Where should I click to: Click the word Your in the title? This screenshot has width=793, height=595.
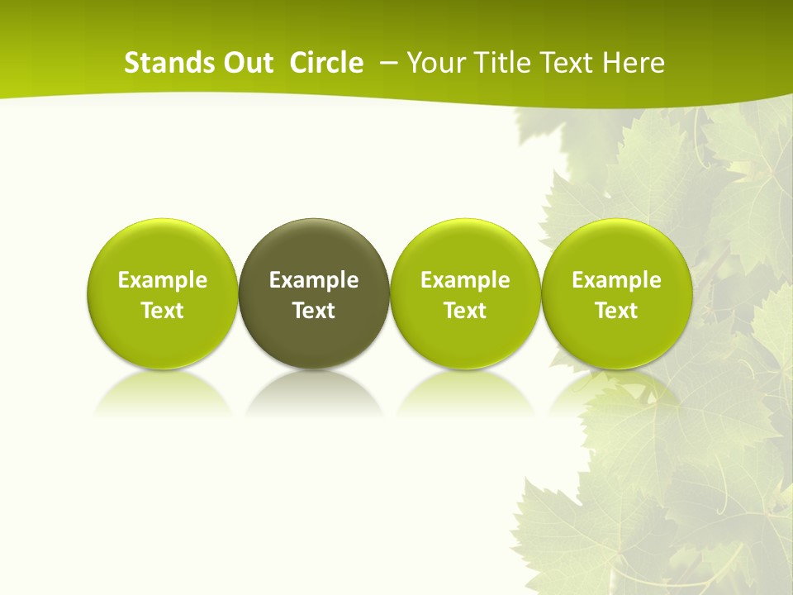434,63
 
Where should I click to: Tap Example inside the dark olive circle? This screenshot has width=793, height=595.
314,280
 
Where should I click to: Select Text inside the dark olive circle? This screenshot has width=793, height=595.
314,311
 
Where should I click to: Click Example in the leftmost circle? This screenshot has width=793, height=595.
163,280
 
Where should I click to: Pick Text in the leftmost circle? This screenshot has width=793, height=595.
163,311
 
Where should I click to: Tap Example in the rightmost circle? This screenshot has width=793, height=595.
617,280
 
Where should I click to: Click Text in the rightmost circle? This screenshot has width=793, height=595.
617,311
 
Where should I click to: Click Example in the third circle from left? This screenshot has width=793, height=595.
465,280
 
